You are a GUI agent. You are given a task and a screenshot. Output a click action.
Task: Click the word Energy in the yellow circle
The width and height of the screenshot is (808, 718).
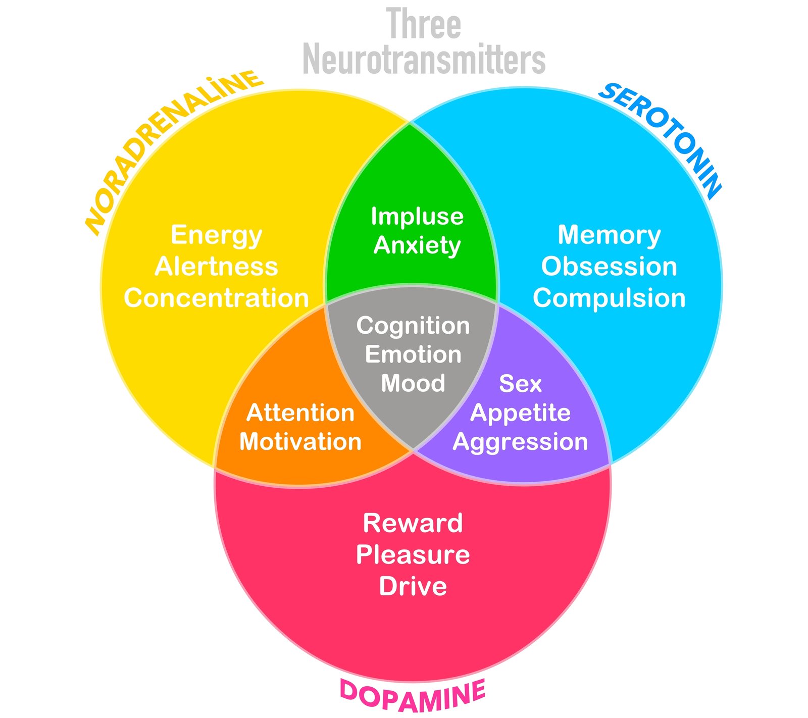[x=216, y=235]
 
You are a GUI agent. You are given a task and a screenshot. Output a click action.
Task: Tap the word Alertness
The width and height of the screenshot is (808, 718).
[x=216, y=267]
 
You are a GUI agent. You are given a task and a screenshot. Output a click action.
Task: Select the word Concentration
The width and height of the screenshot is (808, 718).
[x=216, y=298]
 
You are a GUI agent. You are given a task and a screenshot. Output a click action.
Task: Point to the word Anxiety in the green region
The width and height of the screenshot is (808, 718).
[x=417, y=246]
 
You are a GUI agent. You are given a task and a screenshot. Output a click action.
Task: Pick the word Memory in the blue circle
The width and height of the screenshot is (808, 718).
[x=609, y=235]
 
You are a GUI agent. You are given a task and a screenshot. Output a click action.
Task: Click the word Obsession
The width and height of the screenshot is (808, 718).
[x=609, y=267]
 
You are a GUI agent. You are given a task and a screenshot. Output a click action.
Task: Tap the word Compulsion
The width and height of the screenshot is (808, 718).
[x=609, y=298]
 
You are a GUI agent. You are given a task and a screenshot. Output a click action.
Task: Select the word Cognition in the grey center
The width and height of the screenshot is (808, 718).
[x=413, y=326]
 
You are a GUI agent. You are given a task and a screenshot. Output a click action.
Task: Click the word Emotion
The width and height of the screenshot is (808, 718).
[x=413, y=354]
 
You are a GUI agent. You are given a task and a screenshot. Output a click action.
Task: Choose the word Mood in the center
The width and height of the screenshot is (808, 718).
[x=413, y=383]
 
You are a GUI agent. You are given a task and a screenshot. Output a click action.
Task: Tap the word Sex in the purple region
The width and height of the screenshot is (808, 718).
[x=520, y=384]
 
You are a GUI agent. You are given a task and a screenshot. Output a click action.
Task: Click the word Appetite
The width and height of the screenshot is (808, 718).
[x=520, y=414]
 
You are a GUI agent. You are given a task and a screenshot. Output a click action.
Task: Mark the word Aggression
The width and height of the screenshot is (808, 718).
[x=520, y=442]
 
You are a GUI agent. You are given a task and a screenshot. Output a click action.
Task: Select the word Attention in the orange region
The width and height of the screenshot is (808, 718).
[x=300, y=413]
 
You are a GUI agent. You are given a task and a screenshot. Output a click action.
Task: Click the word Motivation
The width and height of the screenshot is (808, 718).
[x=300, y=442]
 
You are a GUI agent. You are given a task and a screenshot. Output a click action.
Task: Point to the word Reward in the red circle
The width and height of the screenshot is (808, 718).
[x=413, y=523]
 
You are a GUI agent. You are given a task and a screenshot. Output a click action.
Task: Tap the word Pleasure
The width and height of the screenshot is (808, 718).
[x=413, y=555]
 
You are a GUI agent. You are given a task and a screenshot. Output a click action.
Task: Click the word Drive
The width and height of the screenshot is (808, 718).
[x=413, y=586]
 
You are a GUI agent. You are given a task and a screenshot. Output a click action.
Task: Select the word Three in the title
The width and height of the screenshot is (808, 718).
[x=424, y=24]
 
